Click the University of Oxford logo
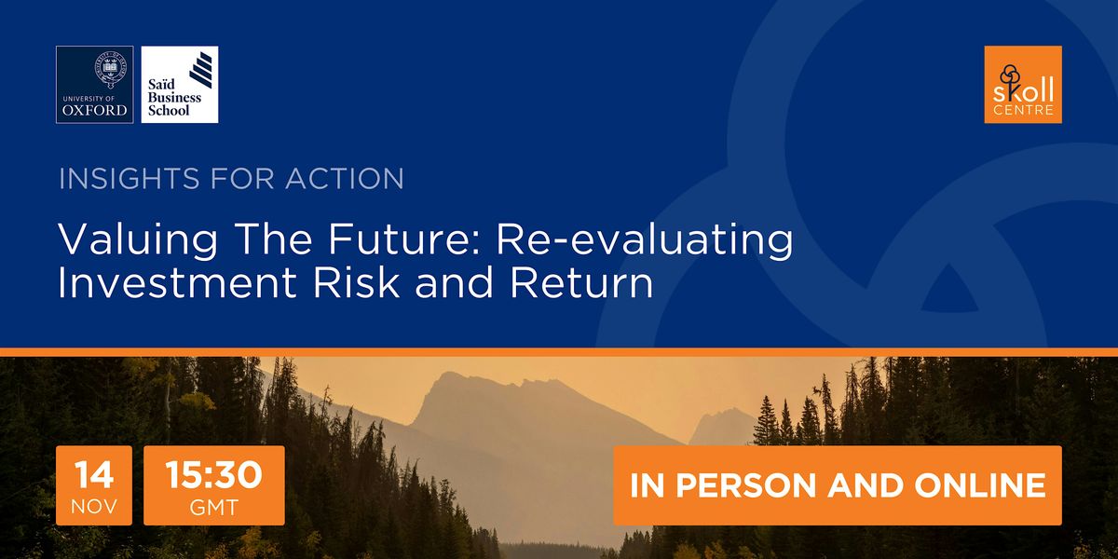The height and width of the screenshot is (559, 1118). pyautogui.click(x=94, y=84)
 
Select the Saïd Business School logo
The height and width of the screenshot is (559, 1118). pyautogui.click(x=180, y=84)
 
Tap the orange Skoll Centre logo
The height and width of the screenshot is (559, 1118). pyautogui.click(x=1023, y=84)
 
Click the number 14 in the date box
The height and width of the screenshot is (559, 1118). pyautogui.click(x=94, y=475)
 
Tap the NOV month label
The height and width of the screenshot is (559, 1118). pyautogui.click(x=94, y=509)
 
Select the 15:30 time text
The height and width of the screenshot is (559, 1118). pyautogui.click(x=214, y=475)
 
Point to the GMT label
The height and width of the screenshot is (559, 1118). pyautogui.click(x=214, y=509)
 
